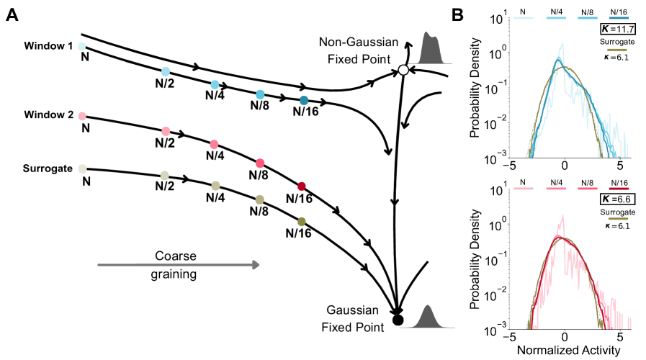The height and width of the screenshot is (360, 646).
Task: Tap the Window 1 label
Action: [x=48, y=46]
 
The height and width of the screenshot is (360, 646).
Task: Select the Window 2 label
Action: [x=48, y=116]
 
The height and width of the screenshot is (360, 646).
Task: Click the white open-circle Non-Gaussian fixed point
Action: [x=403, y=70]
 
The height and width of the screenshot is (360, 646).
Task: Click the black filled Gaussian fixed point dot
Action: [x=398, y=320]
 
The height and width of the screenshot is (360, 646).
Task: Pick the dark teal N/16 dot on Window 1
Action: [x=304, y=100]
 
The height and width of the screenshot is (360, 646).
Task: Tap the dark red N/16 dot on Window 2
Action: [x=302, y=186]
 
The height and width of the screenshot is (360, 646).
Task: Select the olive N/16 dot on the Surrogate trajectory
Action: [x=302, y=221]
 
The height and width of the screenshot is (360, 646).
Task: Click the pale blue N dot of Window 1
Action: [x=82, y=45]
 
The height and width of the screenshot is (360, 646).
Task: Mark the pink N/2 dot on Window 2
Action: [x=166, y=131]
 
